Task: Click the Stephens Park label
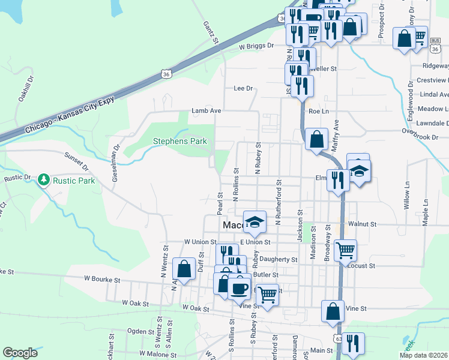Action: click(x=180, y=142)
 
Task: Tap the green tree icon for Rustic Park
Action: click(x=43, y=179)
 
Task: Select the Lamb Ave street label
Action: click(x=206, y=111)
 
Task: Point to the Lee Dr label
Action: click(x=243, y=88)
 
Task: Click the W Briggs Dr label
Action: click(x=256, y=46)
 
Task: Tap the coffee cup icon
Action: click(x=240, y=287)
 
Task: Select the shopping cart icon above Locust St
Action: click(x=345, y=250)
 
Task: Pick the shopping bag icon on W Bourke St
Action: click(x=184, y=268)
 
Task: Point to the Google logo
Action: click(x=20, y=353)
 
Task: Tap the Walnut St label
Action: click(x=365, y=224)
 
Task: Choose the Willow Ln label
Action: click(x=407, y=196)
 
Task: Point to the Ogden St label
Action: click(x=141, y=331)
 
